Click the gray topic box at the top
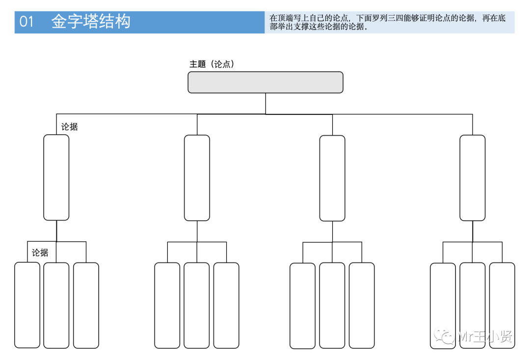(x=265, y=82)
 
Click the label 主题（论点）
(x=212, y=64)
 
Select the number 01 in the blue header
(x=26, y=22)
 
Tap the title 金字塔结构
(x=91, y=22)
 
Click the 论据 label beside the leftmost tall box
(x=69, y=127)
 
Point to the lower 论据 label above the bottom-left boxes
(x=40, y=253)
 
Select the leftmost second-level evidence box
(x=56, y=178)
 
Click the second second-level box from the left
(x=197, y=178)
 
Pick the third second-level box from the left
(x=332, y=178)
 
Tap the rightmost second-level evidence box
(x=472, y=178)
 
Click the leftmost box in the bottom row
(x=27, y=305)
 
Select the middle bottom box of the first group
(x=56, y=305)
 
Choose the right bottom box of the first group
(x=86, y=305)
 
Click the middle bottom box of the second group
(x=197, y=305)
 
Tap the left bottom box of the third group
(x=302, y=306)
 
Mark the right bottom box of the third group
(x=362, y=305)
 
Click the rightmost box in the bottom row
(x=502, y=305)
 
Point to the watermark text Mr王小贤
(x=484, y=337)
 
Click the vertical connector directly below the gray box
(x=265, y=103)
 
